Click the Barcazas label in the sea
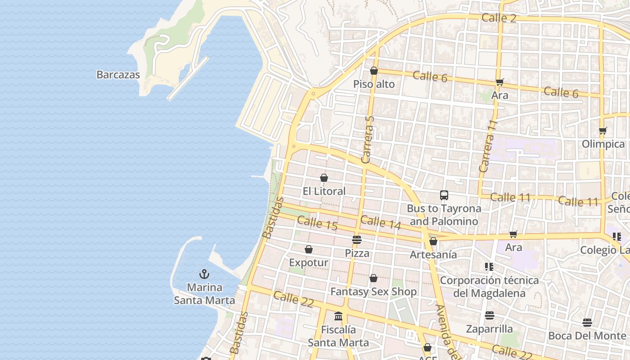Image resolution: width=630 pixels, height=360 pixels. point(118,75)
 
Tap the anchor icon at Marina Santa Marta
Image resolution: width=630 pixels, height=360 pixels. point(204,274)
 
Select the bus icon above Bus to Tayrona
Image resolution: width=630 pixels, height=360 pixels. point(444,195)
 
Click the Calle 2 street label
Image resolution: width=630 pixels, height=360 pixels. point(499,18)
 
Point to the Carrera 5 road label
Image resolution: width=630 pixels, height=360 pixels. point(368,139)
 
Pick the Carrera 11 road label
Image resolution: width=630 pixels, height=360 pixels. point(489,146)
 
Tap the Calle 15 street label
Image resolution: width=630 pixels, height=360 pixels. point(317,223)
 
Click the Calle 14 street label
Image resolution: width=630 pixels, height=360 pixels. point(380,222)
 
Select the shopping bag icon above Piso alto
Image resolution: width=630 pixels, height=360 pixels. point(373,71)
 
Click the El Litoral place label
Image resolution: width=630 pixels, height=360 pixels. point(324,191)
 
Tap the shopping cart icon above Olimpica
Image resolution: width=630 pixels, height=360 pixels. point(603,131)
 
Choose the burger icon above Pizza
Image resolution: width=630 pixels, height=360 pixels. point(357,240)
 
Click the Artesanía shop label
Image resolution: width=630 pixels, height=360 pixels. point(433,255)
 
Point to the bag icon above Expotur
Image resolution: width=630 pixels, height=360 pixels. point(309,249)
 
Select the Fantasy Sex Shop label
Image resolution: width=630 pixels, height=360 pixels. point(373,292)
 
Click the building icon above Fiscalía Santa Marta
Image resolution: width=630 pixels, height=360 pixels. point(338,316)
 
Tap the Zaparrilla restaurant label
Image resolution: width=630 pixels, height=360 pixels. point(489,329)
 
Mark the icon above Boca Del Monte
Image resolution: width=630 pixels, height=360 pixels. point(587,323)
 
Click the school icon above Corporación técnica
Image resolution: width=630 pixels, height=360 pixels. point(489,267)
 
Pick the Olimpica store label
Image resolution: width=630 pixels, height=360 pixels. point(603,144)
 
